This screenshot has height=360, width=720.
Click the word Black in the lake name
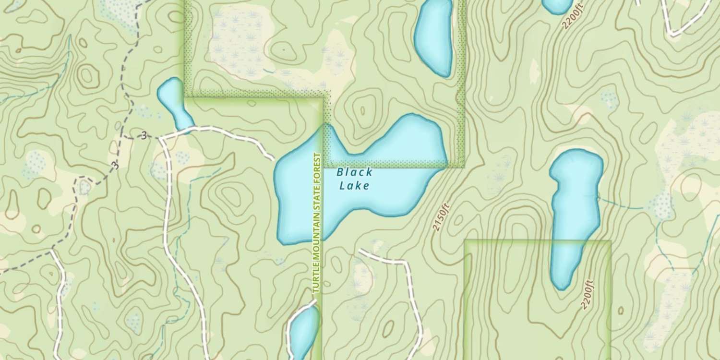(x=355, y=172)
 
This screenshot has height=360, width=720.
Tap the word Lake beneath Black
(x=355, y=185)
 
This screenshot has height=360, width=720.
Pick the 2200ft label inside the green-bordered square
(x=588, y=294)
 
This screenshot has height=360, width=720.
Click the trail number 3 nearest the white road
(x=144, y=136)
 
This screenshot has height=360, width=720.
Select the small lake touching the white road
(x=174, y=102)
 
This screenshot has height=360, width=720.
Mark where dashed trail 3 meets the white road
(x=160, y=138)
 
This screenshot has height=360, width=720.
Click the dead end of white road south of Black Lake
(x=360, y=251)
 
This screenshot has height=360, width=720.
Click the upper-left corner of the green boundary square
(x=466, y=241)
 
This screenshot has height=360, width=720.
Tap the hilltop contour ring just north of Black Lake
(x=362, y=111)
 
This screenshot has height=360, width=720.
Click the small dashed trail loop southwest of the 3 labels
(x=84, y=184)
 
